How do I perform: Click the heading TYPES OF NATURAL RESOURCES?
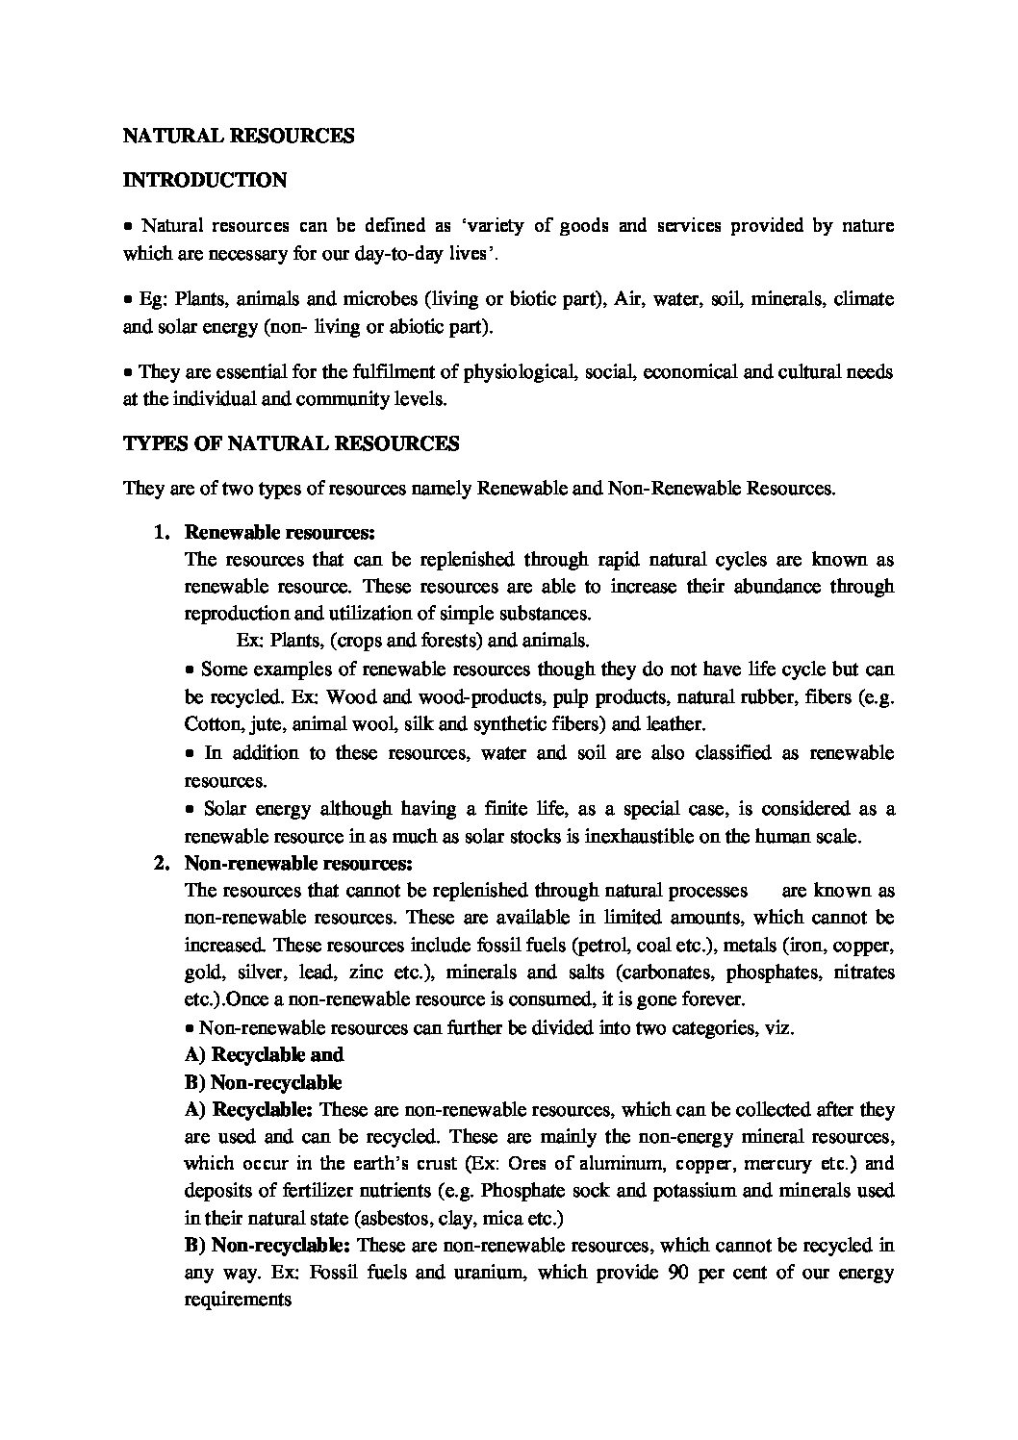(291, 444)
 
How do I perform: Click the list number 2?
(161, 863)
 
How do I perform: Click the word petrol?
(657, 945)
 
